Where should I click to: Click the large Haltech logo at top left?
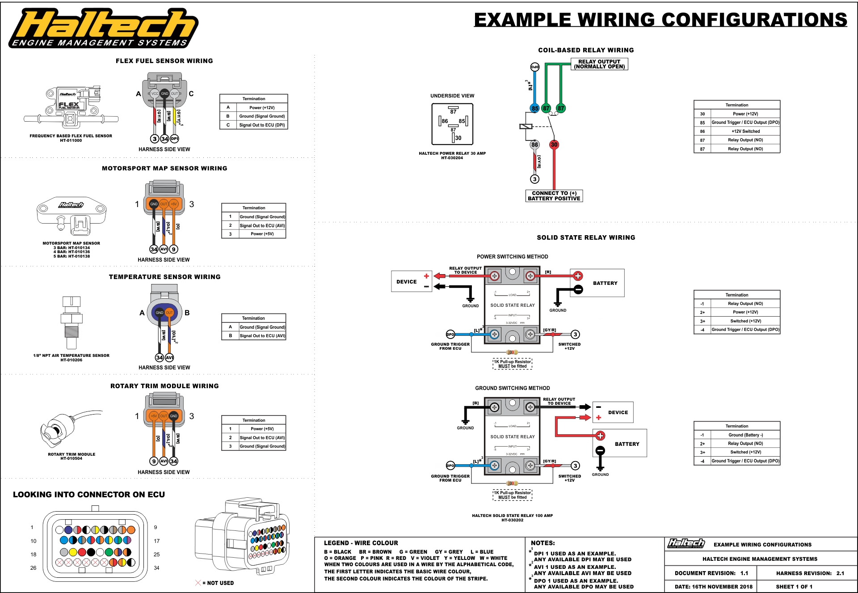click(104, 28)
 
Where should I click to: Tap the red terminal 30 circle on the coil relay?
click(554, 144)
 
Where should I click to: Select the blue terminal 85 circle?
click(534, 108)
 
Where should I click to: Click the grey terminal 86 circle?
click(534, 144)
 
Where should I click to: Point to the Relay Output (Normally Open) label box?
click(599, 64)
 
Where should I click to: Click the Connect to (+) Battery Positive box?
click(554, 196)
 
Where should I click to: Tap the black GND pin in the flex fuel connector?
click(164, 93)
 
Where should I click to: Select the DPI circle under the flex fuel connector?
click(174, 139)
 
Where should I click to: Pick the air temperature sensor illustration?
click(71, 322)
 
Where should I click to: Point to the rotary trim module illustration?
click(67, 429)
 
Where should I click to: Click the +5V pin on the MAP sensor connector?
click(174, 204)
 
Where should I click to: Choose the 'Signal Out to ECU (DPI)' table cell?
click(262, 125)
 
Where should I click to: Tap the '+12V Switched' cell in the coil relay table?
click(745, 131)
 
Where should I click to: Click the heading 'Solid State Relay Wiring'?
click(586, 237)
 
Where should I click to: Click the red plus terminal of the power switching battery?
click(578, 276)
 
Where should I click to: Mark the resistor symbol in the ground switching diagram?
click(512, 483)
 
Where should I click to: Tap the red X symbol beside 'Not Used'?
click(198, 583)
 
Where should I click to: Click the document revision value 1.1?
click(744, 573)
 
